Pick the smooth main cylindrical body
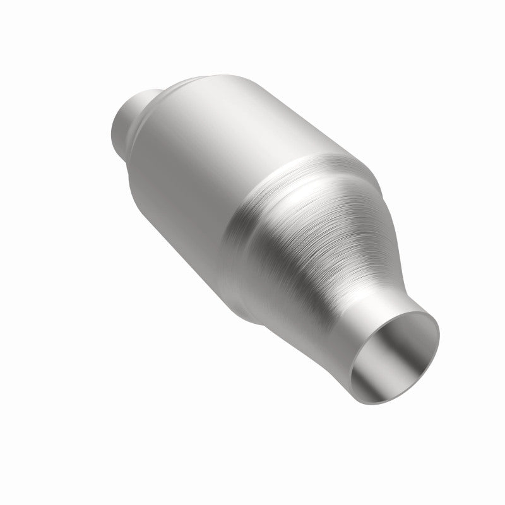click(x=189, y=158)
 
